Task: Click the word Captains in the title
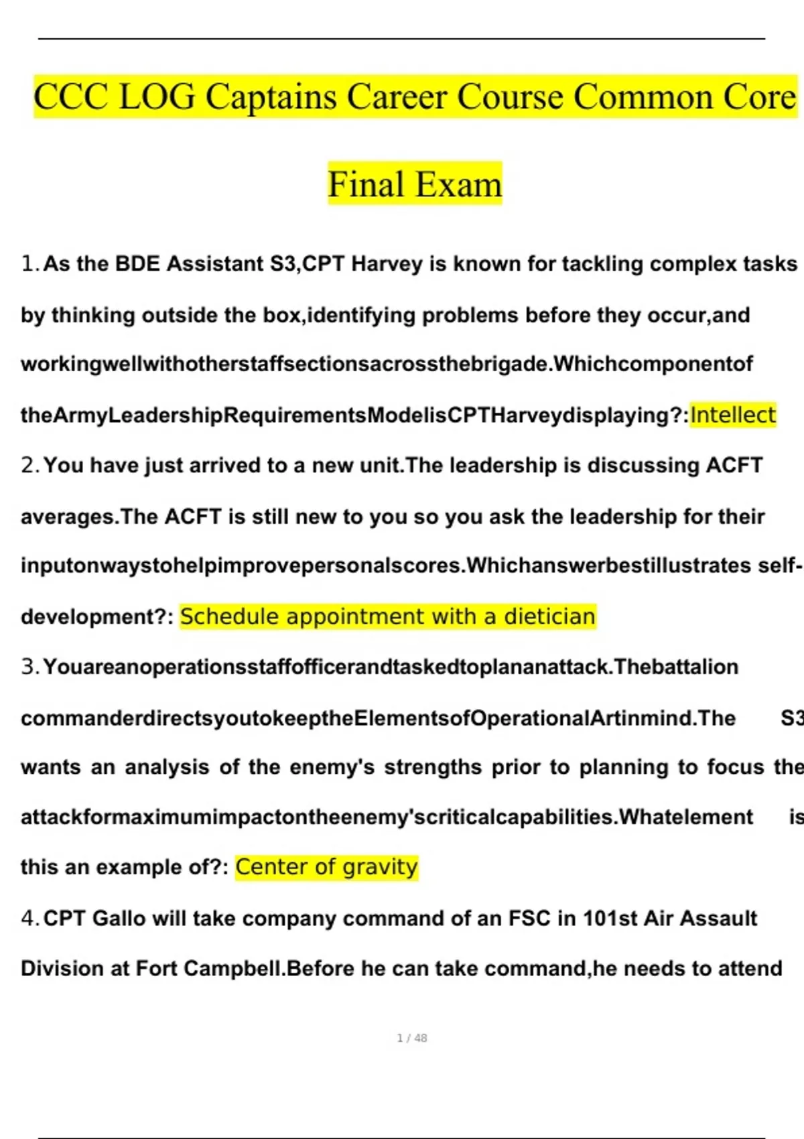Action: coord(271,97)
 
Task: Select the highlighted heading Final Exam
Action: coord(415,184)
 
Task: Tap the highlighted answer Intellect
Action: coord(733,415)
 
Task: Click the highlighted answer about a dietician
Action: coord(387,616)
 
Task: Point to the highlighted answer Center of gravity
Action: coord(326,867)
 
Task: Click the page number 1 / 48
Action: coord(412,1038)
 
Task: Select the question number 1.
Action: coord(29,264)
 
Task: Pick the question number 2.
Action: coord(29,466)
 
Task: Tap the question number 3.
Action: coord(29,667)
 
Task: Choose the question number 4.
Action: coord(29,919)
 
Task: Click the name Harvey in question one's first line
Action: coord(387,264)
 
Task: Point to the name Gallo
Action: coord(119,919)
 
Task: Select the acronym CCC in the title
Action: coord(70,97)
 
